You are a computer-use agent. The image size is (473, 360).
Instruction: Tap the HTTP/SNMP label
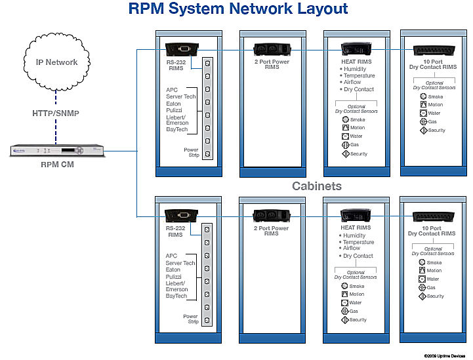coord(56,113)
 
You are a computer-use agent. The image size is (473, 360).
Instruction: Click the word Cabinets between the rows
coord(316,186)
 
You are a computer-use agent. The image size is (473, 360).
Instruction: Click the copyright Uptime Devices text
coord(443,355)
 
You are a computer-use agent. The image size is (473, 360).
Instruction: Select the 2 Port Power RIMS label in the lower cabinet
coord(271,230)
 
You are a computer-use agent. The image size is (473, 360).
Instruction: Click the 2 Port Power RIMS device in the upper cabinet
coord(271,49)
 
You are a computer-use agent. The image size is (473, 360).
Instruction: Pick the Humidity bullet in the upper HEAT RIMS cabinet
coord(354,68)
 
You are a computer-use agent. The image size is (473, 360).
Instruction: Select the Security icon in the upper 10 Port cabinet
coord(423,130)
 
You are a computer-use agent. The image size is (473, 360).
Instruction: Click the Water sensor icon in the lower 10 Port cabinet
coord(422,279)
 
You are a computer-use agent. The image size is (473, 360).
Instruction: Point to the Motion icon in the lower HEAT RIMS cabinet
coord(344,294)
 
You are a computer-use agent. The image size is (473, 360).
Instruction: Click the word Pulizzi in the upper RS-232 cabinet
coord(175,110)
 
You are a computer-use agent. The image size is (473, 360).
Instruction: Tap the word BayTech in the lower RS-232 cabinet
coord(176,296)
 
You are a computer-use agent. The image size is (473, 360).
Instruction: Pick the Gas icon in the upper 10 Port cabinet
coord(423,121)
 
